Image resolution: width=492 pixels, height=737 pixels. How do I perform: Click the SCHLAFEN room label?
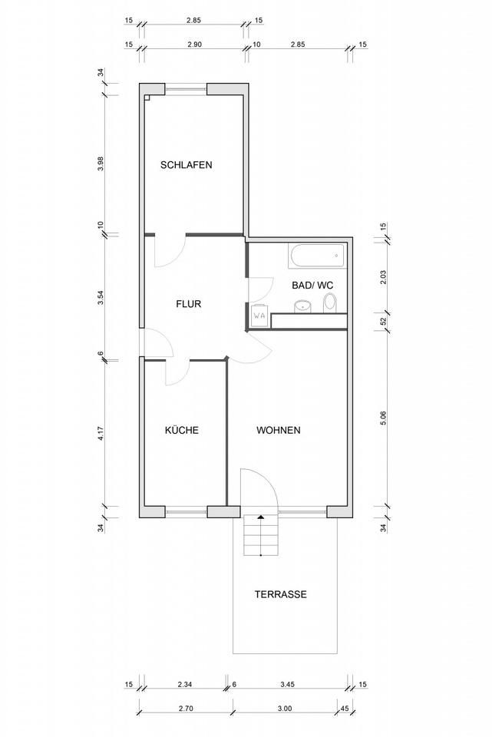click(x=186, y=165)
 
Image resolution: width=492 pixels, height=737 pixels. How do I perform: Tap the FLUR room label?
click(x=189, y=304)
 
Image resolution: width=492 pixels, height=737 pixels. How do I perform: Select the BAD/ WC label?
click(x=312, y=286)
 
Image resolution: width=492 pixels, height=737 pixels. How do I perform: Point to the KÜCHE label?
click(x=182, y=430)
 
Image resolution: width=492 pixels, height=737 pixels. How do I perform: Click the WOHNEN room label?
click(x=278, y=430)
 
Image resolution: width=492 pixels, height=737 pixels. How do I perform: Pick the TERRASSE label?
click(x=280, y=594)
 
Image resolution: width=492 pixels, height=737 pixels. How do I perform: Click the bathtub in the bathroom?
click(x=315, y=256)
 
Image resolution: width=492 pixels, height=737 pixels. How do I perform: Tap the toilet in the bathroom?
click(x=330, y=302)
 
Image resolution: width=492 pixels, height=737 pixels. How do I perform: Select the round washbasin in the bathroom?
click(x=303, y=306)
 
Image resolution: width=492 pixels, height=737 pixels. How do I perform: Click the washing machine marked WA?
click(x=259, y=316)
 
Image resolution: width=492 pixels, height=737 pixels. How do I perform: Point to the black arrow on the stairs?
click(x=260, y=517)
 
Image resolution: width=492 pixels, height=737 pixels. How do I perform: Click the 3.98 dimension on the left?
click(x=101, y=164)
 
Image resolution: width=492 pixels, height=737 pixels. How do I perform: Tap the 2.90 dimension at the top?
click(x=194, y=45)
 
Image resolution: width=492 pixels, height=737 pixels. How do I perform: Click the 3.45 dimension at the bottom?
click(x=286, y=685)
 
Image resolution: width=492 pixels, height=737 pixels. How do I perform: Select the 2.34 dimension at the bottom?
click(x=185, y=685)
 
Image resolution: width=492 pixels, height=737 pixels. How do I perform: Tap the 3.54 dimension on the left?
click(x=101, y=298)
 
